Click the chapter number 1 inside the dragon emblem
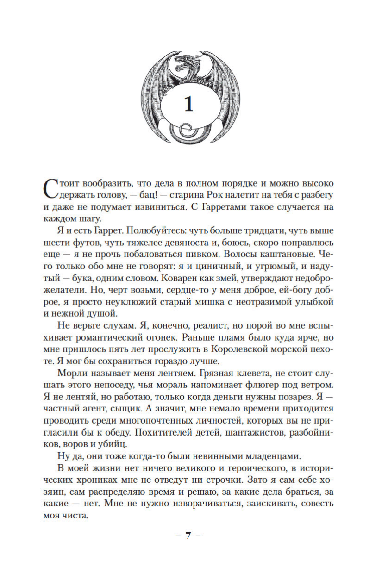click(188, 105)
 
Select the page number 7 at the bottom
click(188, 536)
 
